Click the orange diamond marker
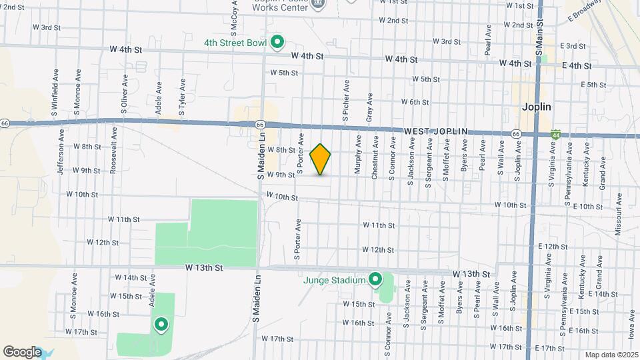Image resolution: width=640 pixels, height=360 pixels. (321, 159)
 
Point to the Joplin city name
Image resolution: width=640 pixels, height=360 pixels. (537, 107)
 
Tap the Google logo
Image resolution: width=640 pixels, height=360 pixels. (22, 352)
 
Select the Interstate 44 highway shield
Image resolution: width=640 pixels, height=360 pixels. (556, 134)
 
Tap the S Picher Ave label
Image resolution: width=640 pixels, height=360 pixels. (346, 100)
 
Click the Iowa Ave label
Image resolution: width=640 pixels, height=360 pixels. (631, 332)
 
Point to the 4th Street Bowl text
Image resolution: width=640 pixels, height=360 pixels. (235, 43)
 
